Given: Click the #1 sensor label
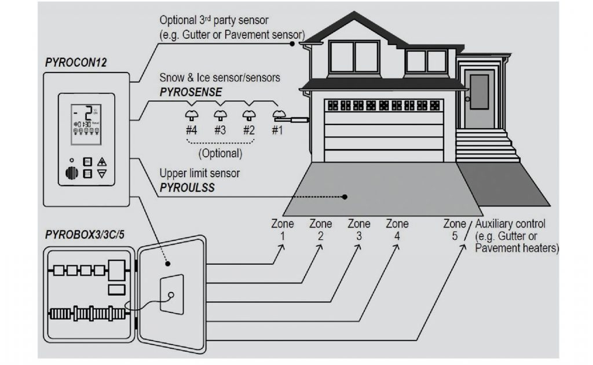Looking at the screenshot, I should pyautogui.click(x=277, y=130).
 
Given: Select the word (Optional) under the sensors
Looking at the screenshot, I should pyautogui.click(x=219, y=154).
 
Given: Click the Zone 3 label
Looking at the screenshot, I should pyautogui.click(x=358, y=230).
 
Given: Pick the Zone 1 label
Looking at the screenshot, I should pyautogui.click(x=282, y=230).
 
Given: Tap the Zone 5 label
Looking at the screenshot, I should pyautogui.click(x=455, y=229).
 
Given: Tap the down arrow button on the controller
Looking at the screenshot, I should pyautogui.click(x=102, y=174).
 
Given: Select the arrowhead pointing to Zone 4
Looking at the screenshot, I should pyautogui.click(x=398, y=247).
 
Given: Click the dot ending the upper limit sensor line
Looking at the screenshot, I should pyautogui.click(x=345, y=197).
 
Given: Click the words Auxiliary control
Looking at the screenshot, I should pyautogui.click(x=509, y=224).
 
